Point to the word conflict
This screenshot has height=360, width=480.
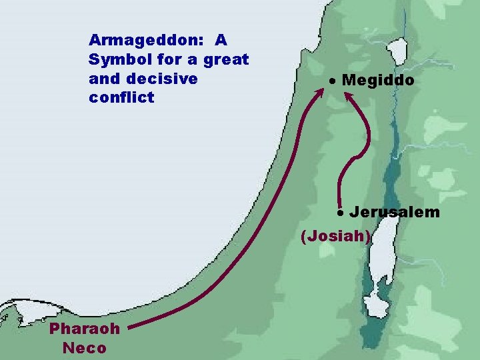coord(121,98)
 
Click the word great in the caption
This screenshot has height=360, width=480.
coord(226,59)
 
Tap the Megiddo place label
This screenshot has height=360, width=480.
coord(377,81)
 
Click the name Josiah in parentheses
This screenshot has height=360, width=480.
coord(336,235)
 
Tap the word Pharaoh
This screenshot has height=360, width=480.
coord(85,329)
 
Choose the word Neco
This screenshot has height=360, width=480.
coord(84,347)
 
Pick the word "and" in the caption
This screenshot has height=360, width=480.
coord(101,79)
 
